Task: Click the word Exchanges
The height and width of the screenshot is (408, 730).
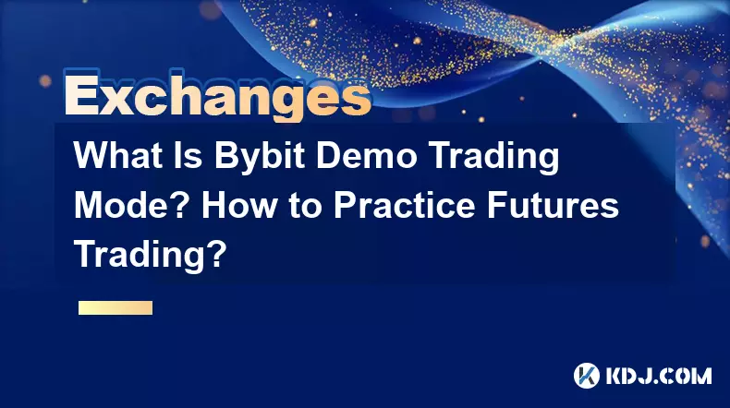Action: tap(218, 95)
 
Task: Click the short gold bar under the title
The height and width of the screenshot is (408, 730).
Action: tap(116, 307)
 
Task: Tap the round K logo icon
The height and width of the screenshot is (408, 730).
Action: tap(587, 376)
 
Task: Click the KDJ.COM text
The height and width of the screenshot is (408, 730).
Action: tap(659, 376)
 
